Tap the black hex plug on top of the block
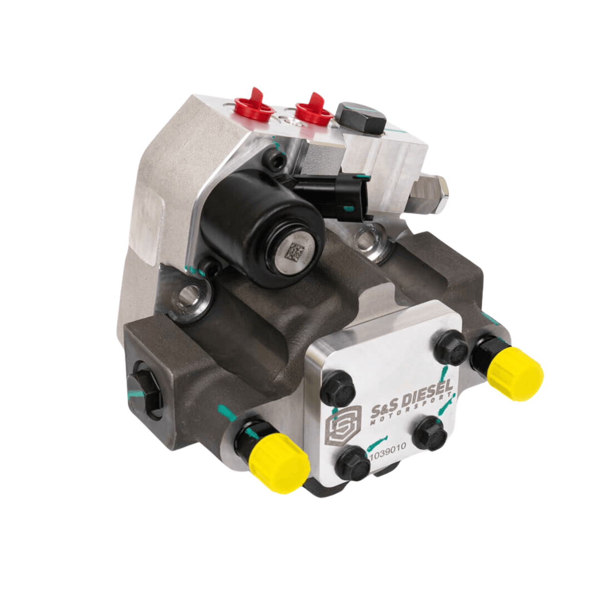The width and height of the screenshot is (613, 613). click(361, 117)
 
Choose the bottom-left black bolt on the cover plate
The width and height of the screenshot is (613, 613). click(353, 463)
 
